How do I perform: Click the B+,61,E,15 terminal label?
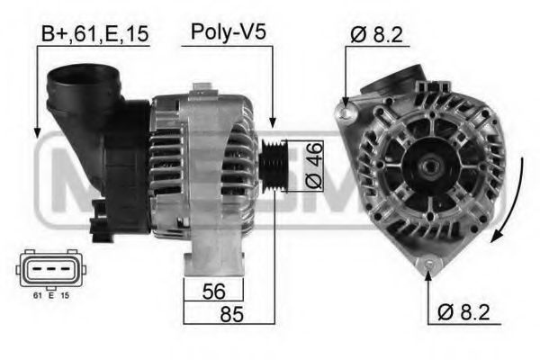click(x=94, y=35)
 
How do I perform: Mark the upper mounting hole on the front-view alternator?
click(x=344, y=111)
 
